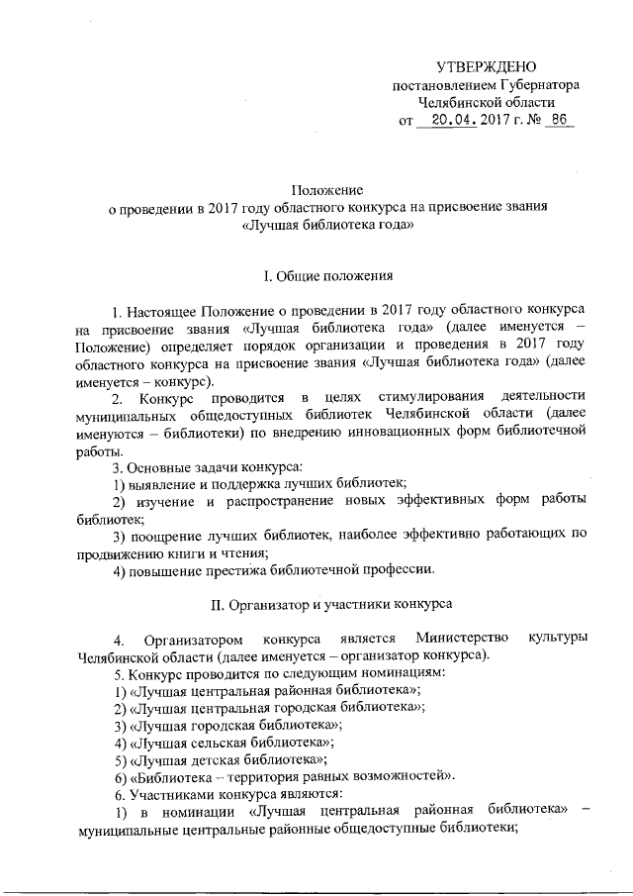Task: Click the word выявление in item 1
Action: [158, 482]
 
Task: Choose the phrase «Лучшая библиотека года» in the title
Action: [327, 226]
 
